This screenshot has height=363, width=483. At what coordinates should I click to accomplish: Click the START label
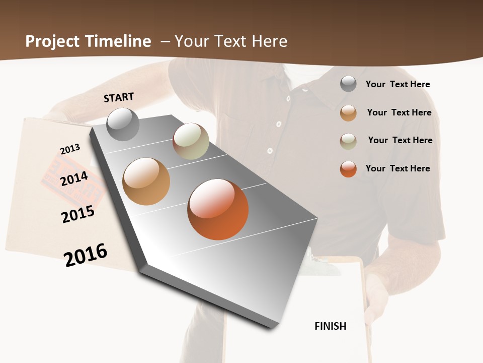click(x=119, y=97)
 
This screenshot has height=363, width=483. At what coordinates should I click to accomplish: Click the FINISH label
click(x=330, y=326)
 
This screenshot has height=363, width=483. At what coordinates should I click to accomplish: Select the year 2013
click(x=70, y=149)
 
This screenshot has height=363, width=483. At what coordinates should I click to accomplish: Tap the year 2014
click(x=74, y=178)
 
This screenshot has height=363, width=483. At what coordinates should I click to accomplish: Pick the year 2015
click(x=78, y=214)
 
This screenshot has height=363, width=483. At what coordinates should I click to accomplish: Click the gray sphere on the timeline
click(x=123, y=125)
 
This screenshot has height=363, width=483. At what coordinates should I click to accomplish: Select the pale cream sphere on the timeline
click(x=191, y=141)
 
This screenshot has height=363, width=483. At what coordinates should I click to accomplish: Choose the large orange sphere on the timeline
click(x=218, y=209)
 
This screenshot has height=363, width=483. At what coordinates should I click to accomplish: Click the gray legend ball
click(x=348, y=84)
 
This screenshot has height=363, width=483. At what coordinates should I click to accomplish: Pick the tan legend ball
click(x=348, y=113)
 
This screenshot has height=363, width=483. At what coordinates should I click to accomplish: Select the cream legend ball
click(x=348, y=141)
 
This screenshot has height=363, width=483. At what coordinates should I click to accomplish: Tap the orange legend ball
click(x=348, y=169)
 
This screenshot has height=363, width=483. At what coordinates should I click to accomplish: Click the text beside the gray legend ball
click(x=397, y=84)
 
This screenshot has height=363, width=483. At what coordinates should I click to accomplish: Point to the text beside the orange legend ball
click(x=397, y=168)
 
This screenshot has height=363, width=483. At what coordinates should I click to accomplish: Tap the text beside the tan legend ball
click(x=399, y=112)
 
